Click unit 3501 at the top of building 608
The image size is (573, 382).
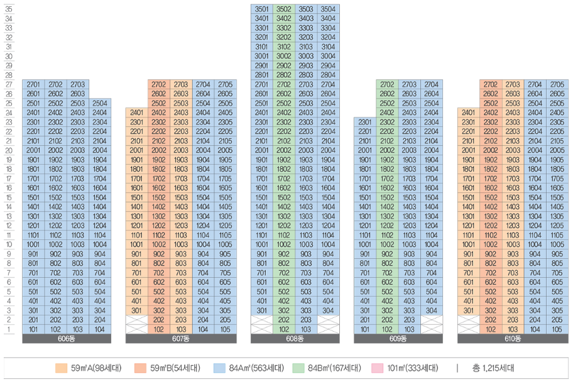[x=261, y=9]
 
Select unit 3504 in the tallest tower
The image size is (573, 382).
[x=327, y=9]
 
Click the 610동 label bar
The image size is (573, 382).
[x=513, y=339]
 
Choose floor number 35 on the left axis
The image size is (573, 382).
[x=9, y=9]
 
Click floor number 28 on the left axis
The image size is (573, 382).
[x=9, y=75]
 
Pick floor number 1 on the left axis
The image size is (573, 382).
[x=9, y=329]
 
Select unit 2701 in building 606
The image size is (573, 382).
[x=33, y=84]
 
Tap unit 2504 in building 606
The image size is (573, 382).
[x=99, y=103]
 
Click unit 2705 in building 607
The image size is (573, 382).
[x=224, y=84]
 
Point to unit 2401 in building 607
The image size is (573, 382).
[x=136, y=112]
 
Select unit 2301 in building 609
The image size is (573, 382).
[x=365, y=122]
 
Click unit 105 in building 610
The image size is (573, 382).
[x=556, y=329]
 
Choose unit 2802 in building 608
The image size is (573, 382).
[x=284, y=75]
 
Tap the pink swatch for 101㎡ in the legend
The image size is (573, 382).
[x=377, y=369]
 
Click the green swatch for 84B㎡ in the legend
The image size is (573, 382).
[x=298, y=369]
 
